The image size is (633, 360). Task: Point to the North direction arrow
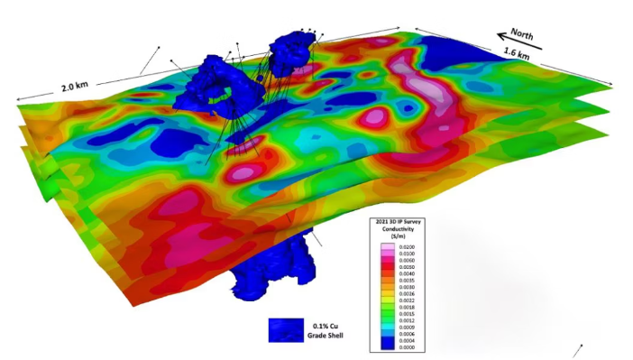pos(515,43)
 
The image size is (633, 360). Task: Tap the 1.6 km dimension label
pos(517,57)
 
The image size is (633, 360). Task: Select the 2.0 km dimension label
pos(75,88)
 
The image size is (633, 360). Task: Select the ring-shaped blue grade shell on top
pos(219,87)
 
